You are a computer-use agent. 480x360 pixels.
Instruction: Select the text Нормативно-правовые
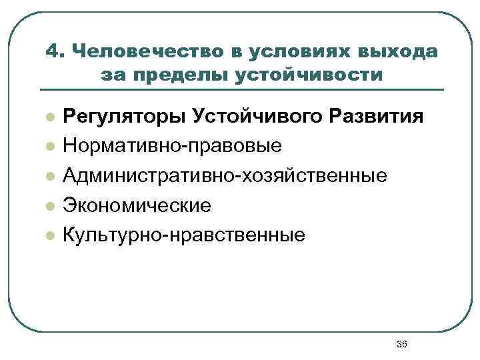[x=172, y=146]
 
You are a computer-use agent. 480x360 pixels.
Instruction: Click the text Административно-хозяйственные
[x=225, y=175]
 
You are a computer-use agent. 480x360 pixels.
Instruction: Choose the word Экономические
[x=137, y=205]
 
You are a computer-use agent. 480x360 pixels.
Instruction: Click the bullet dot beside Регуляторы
[x=49, y=117]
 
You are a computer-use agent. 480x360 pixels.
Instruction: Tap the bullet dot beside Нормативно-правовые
[x=49, y=147]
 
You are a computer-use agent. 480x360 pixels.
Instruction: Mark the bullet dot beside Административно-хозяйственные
[x=49, y=176]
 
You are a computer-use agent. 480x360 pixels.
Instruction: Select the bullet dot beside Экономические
[x=49, y=205]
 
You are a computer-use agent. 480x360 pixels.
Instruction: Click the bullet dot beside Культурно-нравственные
[x=49, y=235]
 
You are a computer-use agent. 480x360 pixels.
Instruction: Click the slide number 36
[x=401, y=344]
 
